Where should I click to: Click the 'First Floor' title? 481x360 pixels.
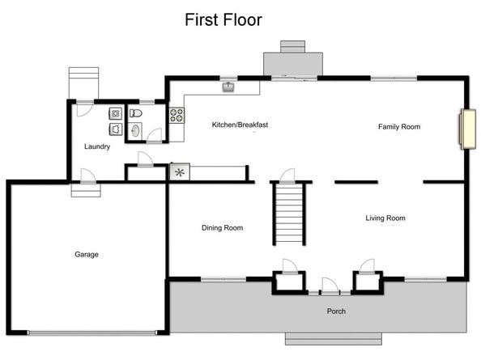click(x=223, y=19)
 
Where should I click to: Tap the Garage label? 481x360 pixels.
click(x=87, y=254)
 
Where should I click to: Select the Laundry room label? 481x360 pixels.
click(x=97, y=146)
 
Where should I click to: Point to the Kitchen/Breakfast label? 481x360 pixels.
click(x=240, y=125)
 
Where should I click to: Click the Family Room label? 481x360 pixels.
click(x=399, y=126)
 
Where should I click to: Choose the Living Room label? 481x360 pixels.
click(x=385, y=218)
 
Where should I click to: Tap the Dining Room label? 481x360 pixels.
click(x=222, y=227)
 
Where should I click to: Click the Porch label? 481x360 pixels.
click(x=336, y=311)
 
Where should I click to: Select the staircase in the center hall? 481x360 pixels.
click(x=289, y=214)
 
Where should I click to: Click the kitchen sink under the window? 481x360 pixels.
click(x=228, y=87)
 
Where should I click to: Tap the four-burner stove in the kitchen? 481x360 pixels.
click(x=176, y=115)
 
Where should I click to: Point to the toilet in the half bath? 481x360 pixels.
click(x=136, y=113)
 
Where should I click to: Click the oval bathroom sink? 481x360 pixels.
click(x=135, y=130)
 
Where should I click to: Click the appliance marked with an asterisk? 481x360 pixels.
click(x=178, y=172)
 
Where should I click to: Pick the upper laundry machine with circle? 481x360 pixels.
click(x=116, y=112)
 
